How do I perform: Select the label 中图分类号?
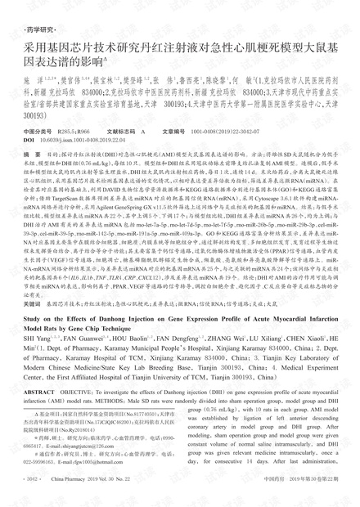click(x=38, y=130)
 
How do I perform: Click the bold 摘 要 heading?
click(x=32, y=153)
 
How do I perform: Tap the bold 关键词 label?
click(x=32, y=302)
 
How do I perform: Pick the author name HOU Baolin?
click(x=112, y=348)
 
